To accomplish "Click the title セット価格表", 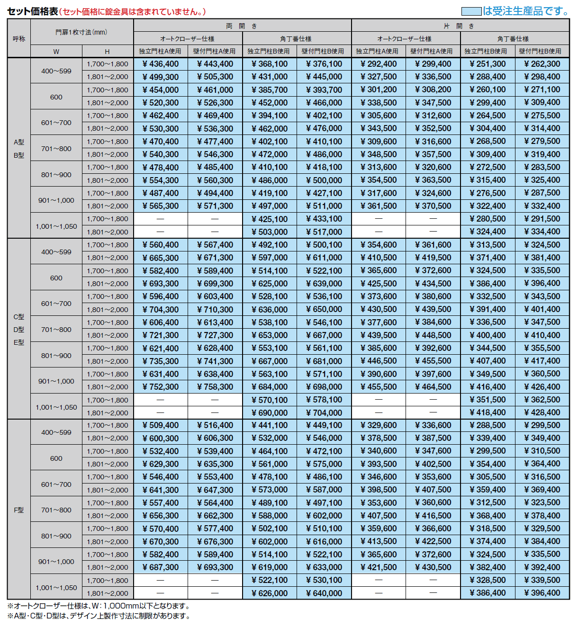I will [32, 11].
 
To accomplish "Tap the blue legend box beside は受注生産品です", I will [471, 11].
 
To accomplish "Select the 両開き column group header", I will [242, 26].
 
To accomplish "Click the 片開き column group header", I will [460, 26].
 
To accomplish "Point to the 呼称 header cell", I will [19, 39].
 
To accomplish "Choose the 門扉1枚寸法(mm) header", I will [81, 32].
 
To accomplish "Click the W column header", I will [56, 52].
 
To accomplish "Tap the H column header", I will [107, 52].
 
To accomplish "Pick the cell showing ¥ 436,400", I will [161, 64].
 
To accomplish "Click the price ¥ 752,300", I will [161, 387].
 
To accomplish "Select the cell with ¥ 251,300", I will [488, 64].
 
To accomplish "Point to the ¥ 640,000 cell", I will [324, 593].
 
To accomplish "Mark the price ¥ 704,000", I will [324, 412].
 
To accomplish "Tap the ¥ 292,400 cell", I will [379, 64].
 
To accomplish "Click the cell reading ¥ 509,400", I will [161, 425].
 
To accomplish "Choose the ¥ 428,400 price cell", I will [542, 412].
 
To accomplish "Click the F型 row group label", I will [19, 510].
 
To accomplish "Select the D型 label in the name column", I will [19, 330].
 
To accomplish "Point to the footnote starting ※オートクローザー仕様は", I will [99, 606].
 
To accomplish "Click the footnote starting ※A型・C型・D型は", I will [99, 616].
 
